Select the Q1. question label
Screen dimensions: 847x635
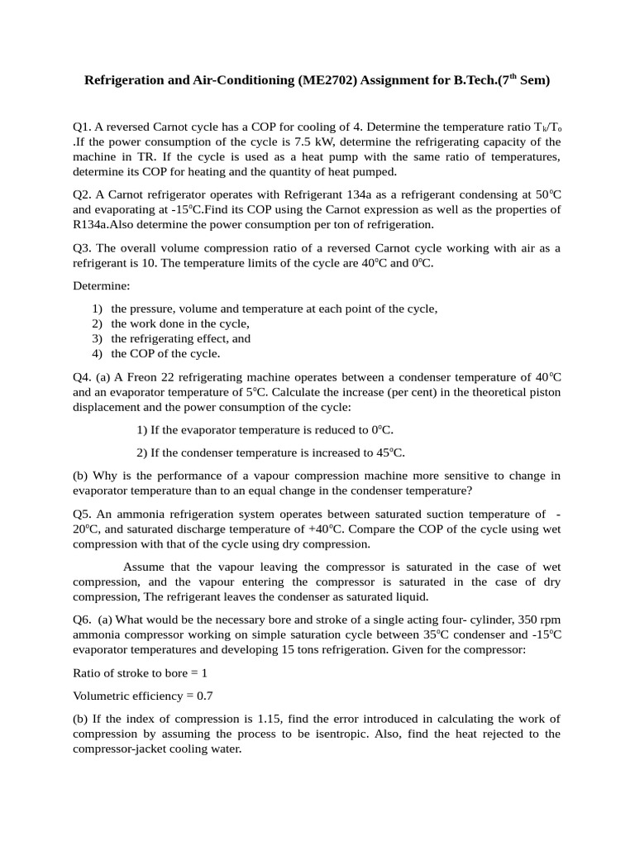click(82, 127)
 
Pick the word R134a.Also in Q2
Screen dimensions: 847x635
click(108, 224)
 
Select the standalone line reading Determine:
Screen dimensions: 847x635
click(101, 285)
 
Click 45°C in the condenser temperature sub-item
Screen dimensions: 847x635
click(386, 452)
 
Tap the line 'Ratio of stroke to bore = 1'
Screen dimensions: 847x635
click(140, 672)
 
